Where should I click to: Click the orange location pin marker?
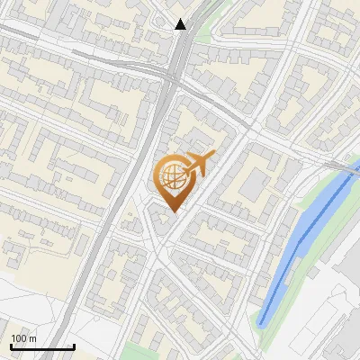pos(173,179)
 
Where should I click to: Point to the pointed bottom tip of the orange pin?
pos(173,211)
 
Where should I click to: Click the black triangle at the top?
pos(181,24)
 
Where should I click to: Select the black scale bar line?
pos(42,346)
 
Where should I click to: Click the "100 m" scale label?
pos(23,338)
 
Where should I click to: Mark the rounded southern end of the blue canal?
pos(262,321)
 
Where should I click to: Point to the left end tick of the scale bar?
pos(11,345)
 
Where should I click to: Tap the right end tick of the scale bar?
pos(74,345)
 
